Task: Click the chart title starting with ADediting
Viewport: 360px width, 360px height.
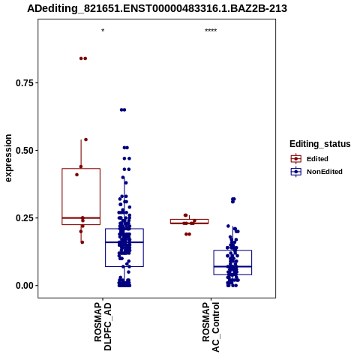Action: [157, 9]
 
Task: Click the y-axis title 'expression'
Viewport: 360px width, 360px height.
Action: [8, 158]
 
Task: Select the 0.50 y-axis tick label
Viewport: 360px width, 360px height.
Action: [25, 151]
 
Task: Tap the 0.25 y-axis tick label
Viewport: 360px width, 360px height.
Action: [25, 218]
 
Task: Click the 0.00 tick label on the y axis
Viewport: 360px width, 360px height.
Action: [25, 286]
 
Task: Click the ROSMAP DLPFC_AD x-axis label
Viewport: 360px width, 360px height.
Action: [103, 326]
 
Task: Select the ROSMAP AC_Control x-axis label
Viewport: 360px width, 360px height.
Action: [211, 327]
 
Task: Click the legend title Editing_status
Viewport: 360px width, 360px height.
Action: [320, 144]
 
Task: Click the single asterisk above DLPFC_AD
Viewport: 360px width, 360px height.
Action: [103, 31]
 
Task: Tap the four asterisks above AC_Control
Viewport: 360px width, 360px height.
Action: [211, 31]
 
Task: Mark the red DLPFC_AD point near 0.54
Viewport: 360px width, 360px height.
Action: [85, 139]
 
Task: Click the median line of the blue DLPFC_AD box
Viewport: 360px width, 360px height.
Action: [124, 242]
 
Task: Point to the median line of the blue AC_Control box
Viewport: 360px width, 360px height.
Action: [232, 266]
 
